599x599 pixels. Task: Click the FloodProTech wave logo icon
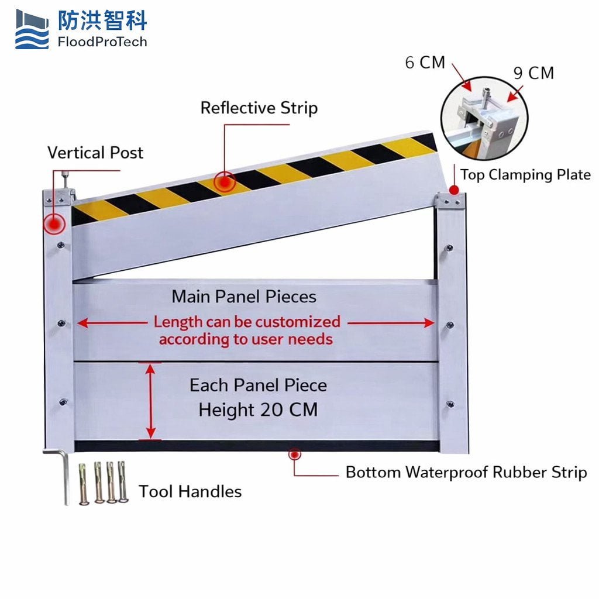[32, 29]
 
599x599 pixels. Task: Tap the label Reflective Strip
[259, 108]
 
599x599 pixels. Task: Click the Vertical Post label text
[95, 153]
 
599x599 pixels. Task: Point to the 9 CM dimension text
[533, 74]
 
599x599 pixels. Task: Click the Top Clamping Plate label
[525, 175]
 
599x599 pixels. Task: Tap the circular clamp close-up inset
[484, 126]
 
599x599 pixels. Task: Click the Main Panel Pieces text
[244, 297]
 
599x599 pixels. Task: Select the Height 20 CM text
[258, 410]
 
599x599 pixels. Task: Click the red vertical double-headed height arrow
[151, 401]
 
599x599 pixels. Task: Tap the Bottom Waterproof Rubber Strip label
[466, 473]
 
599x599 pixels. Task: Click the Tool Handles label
[190, 491]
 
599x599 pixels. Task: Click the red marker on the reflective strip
[223, 183]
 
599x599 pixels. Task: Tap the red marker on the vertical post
[54, 223]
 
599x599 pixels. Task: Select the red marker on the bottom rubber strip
[294, 454]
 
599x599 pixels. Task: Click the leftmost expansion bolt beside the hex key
[83, 483]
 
